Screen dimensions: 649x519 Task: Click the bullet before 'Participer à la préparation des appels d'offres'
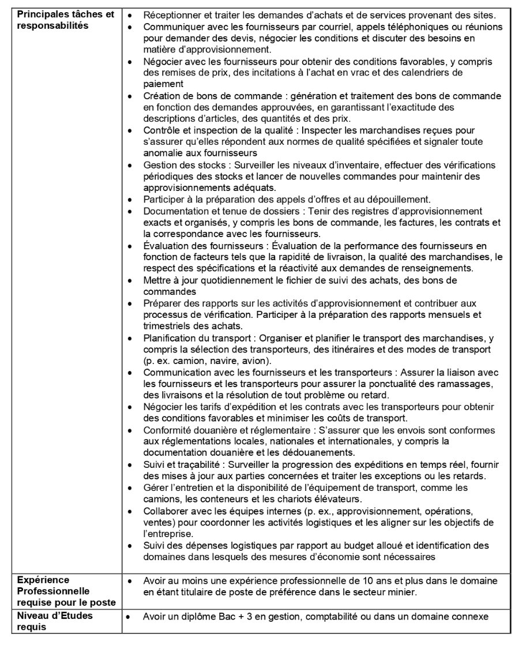click(133, 200)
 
